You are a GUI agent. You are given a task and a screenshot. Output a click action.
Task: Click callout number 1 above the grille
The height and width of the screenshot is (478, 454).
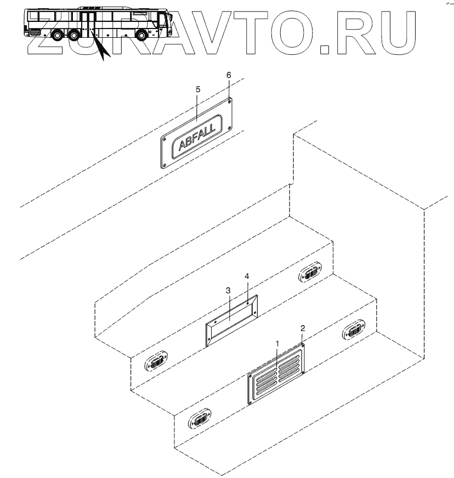[277, 343]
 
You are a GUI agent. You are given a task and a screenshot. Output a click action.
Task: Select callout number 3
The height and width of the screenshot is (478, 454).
[228, 289]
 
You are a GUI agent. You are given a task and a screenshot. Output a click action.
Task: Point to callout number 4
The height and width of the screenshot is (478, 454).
[247, 277]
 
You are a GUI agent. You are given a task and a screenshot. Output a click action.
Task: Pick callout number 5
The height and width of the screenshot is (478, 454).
[198, 88]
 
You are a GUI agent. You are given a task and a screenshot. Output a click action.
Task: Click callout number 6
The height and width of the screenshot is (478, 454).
[229, 74]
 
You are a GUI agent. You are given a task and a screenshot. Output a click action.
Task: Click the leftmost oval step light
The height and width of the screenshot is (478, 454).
[156, 362]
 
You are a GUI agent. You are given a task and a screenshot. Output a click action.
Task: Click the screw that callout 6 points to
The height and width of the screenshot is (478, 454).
[229, 100]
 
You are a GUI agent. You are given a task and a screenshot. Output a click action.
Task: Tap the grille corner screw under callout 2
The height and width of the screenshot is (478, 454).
[302, 345]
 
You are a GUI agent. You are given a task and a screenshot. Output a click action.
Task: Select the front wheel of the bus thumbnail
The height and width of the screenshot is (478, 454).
[141, 37]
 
